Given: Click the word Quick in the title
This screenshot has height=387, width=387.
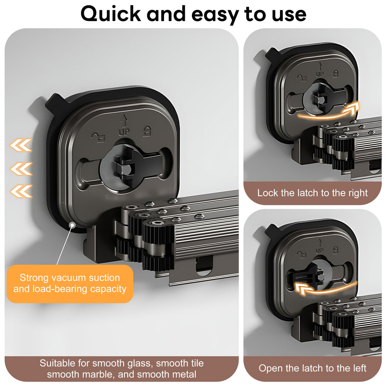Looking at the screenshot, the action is click(x=111, y=14).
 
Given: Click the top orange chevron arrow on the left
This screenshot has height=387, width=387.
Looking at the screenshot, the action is click(x=21, y=145).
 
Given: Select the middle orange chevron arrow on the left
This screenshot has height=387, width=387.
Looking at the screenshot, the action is click(x=21, y=169).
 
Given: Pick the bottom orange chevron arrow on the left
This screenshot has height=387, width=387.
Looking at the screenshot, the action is click(x=21, y=191).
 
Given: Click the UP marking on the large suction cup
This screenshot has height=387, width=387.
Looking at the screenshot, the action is click(x=124, y=132).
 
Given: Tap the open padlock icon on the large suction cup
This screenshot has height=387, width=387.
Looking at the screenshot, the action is click(x=98, y=138).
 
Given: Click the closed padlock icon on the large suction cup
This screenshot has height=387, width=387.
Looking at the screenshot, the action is click(x=147, y=131).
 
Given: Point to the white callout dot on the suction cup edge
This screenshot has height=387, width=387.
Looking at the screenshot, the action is click(x=72, y=225).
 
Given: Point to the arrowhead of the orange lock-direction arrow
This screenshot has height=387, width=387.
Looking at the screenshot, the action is click(x=352, y=108).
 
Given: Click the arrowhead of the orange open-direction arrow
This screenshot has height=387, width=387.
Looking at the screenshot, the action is click(x=302, y=288).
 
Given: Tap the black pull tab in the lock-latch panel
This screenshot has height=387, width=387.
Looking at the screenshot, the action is click(x=272, y=55).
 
